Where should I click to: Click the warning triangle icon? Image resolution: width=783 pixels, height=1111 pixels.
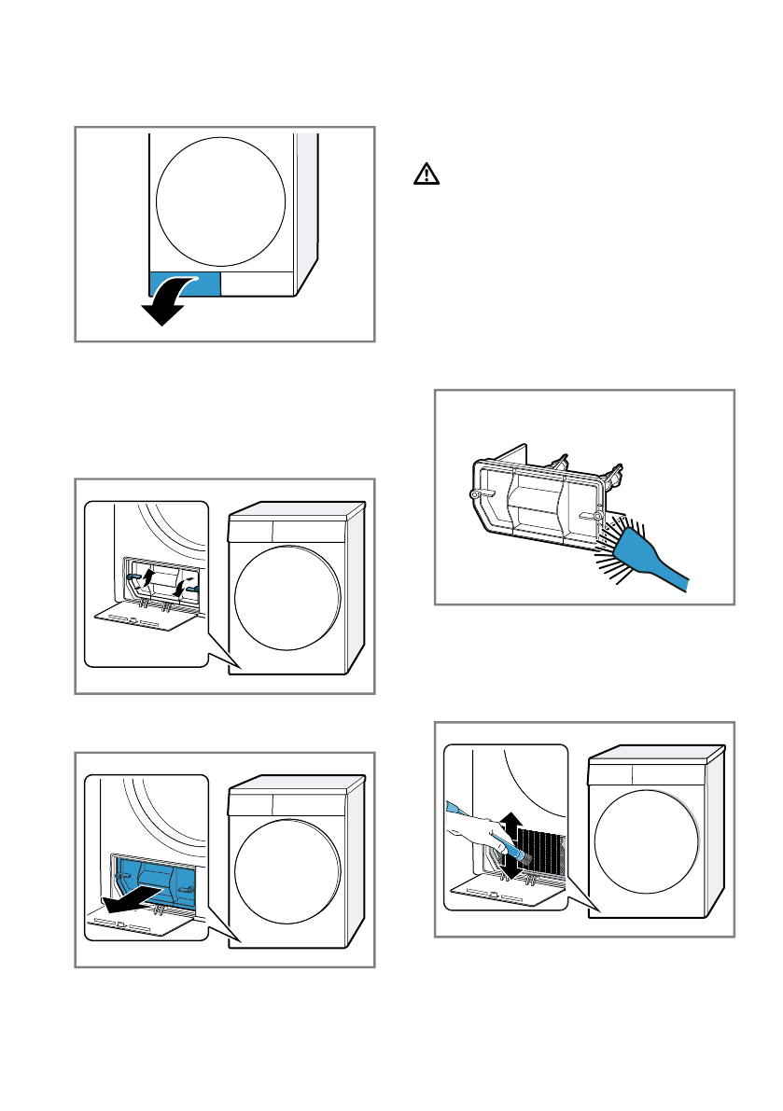point(426,174)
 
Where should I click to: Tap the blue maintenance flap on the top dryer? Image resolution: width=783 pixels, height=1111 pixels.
point(184,284)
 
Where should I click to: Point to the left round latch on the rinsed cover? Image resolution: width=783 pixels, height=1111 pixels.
point(474,493)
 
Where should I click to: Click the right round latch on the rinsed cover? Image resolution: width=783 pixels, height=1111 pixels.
point(597,514)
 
